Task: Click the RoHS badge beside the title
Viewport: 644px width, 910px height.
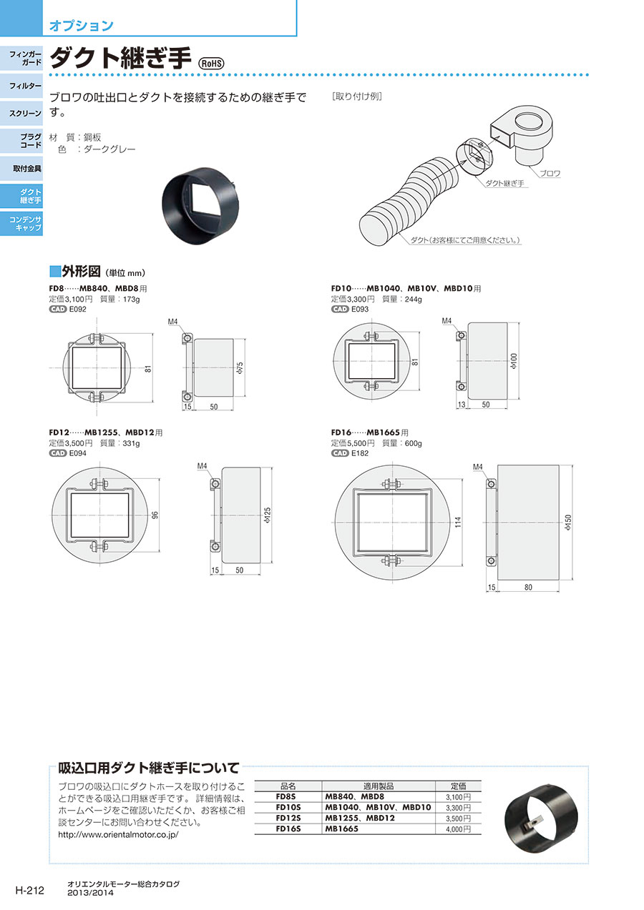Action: (210, 64)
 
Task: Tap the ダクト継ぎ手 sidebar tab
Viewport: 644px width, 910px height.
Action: (21, 196)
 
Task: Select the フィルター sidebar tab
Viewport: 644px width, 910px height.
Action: (21, 86)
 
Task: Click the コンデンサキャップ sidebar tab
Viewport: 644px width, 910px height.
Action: (21, 224)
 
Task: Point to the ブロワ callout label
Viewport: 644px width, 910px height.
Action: (550, 174)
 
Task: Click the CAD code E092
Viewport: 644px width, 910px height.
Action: (78, 309)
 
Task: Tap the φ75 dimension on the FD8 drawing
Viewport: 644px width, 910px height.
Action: (240, 367)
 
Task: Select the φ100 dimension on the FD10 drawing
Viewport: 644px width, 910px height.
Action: (514, 361)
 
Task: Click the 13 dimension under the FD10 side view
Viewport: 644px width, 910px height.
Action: (461, 405)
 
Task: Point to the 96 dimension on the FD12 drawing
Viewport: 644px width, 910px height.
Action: (155, 515)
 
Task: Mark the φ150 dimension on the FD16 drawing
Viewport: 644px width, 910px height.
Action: (568, 523)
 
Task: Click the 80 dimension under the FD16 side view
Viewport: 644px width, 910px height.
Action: (528, 587)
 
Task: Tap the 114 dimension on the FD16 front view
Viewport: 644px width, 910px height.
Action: (458, 522)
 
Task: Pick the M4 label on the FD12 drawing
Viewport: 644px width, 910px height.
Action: (202, 466)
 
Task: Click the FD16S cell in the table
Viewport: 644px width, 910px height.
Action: (288, 829)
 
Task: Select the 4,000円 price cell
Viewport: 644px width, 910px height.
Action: (458, 829)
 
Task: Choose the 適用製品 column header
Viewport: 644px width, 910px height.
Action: (379, 786)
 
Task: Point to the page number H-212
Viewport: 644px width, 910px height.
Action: (29, 890)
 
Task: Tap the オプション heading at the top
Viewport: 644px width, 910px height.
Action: (82, 25)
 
